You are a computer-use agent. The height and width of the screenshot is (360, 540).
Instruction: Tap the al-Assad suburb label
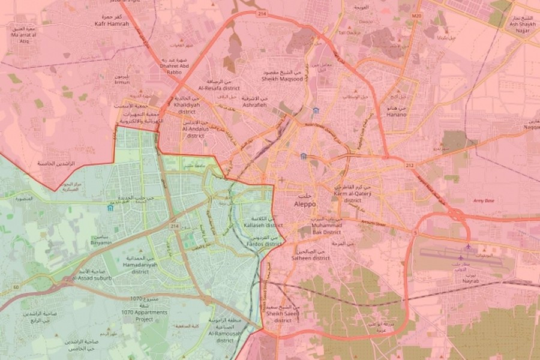click(x=91, y=279)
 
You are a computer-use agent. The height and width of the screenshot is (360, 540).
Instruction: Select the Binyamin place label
click(x=100, y=243)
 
